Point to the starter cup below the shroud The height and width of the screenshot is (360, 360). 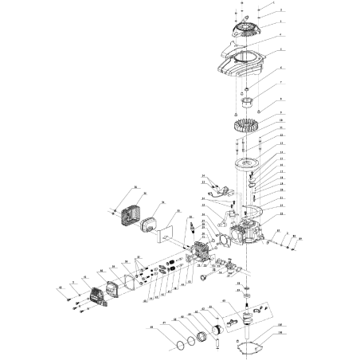tap(248, 103)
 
